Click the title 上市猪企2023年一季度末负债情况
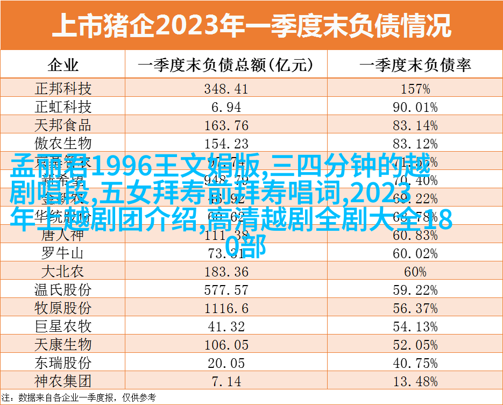[x=251, y=25]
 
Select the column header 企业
[x=63, y=66]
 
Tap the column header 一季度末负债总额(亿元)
[x=226, y=66]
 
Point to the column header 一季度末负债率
[x=415, y=66]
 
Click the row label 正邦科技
[x=63, y=89]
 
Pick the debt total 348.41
[x=226, y=89]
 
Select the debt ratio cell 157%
[x=415, y=89]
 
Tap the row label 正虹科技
[x=63, y=107]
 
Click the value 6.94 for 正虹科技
[x=226, y=107]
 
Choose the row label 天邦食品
[x=63, y=125]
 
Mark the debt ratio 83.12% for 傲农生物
[x=415, y=144]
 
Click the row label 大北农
[x=63, y=271]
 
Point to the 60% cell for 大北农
[x=415, y=271]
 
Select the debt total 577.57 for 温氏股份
[x=226, y=289]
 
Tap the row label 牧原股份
[x=63, y=308]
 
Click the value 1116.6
[x=226, y=308]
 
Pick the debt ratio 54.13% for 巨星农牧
[x=415, y=326]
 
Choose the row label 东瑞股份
[x=63, y=363]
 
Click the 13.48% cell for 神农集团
[x=415, y=381]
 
